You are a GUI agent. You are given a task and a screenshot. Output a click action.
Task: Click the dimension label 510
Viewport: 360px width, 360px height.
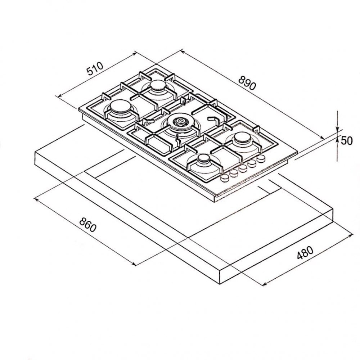click(95, 69)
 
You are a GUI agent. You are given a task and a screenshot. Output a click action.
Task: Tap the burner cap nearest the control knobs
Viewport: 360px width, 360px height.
click(204, 158)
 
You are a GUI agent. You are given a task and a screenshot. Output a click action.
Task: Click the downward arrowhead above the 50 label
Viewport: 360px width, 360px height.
click(337, 129)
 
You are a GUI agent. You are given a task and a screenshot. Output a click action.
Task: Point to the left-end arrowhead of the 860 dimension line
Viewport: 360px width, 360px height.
click(36, 198)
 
